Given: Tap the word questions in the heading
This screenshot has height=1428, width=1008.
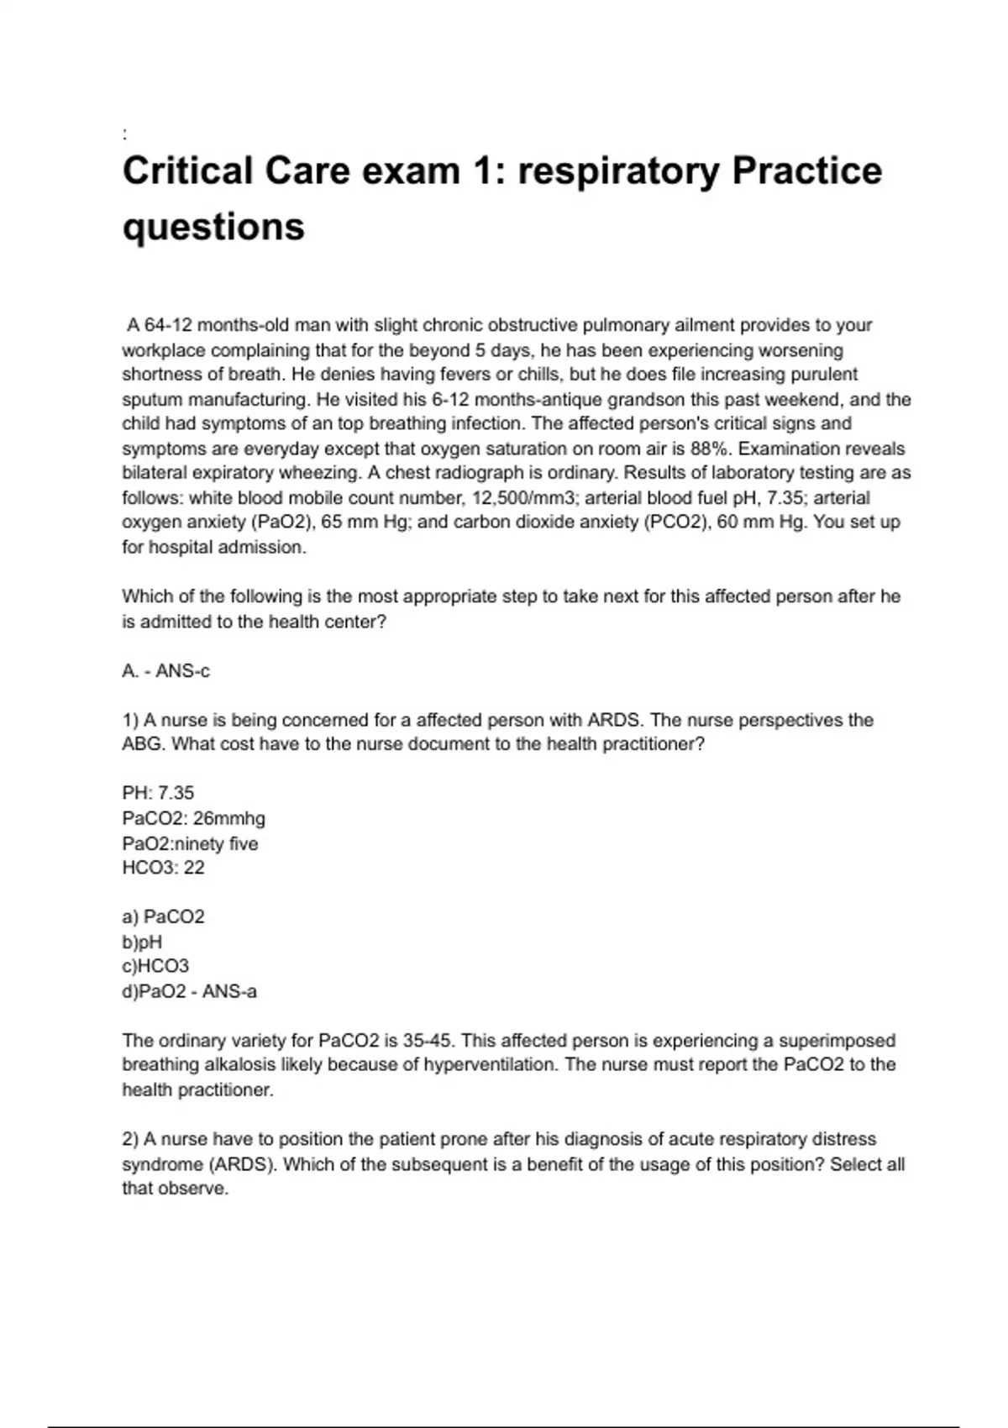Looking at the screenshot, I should point(213,228).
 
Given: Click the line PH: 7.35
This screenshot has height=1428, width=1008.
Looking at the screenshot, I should point(158,794).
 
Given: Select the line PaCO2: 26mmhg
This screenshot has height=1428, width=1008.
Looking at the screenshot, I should point(193,818).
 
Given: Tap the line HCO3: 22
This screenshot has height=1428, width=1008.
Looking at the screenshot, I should point(163,868).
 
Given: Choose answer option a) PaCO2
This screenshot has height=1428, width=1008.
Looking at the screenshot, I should point(163,917).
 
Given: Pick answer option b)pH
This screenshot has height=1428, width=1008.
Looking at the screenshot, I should point(142,942).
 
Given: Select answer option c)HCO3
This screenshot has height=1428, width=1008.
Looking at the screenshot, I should point(155,967).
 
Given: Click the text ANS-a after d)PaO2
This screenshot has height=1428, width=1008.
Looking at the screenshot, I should point(229,992).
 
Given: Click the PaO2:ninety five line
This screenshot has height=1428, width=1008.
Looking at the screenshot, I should point(190,843).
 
